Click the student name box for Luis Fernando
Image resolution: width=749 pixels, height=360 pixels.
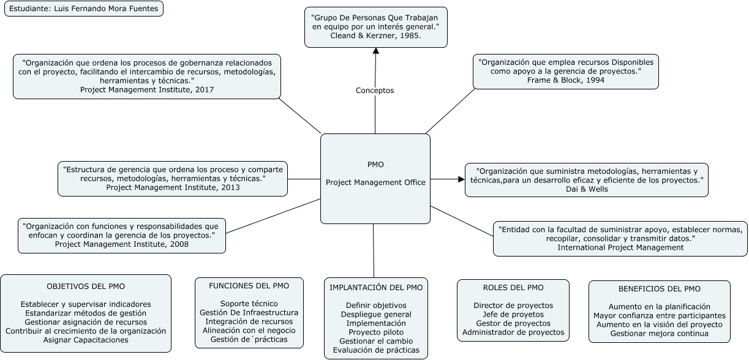84,9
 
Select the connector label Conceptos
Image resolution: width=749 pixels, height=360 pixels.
375,91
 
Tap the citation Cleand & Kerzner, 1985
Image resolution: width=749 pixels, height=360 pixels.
375,37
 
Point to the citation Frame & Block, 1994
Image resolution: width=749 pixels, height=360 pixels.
565,80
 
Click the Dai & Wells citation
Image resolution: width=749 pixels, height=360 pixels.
586,190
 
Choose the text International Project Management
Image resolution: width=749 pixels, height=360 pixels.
620,247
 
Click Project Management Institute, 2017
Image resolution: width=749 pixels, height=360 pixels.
147,89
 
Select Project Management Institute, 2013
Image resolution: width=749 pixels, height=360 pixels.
173,187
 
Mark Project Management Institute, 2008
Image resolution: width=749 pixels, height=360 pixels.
122,244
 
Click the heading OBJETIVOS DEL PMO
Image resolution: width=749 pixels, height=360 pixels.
86,287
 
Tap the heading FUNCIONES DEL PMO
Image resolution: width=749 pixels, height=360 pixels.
249,285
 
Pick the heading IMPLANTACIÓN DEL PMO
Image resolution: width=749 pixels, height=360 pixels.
375,288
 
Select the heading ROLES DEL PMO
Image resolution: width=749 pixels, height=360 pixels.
513,288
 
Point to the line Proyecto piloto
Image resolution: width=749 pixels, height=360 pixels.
375,332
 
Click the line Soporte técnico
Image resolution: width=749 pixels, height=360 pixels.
249,304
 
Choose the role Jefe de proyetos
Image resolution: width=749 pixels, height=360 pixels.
513,314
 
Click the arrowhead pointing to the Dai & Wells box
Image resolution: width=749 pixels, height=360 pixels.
461,179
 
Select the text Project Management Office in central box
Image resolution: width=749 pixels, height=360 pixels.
375,182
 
